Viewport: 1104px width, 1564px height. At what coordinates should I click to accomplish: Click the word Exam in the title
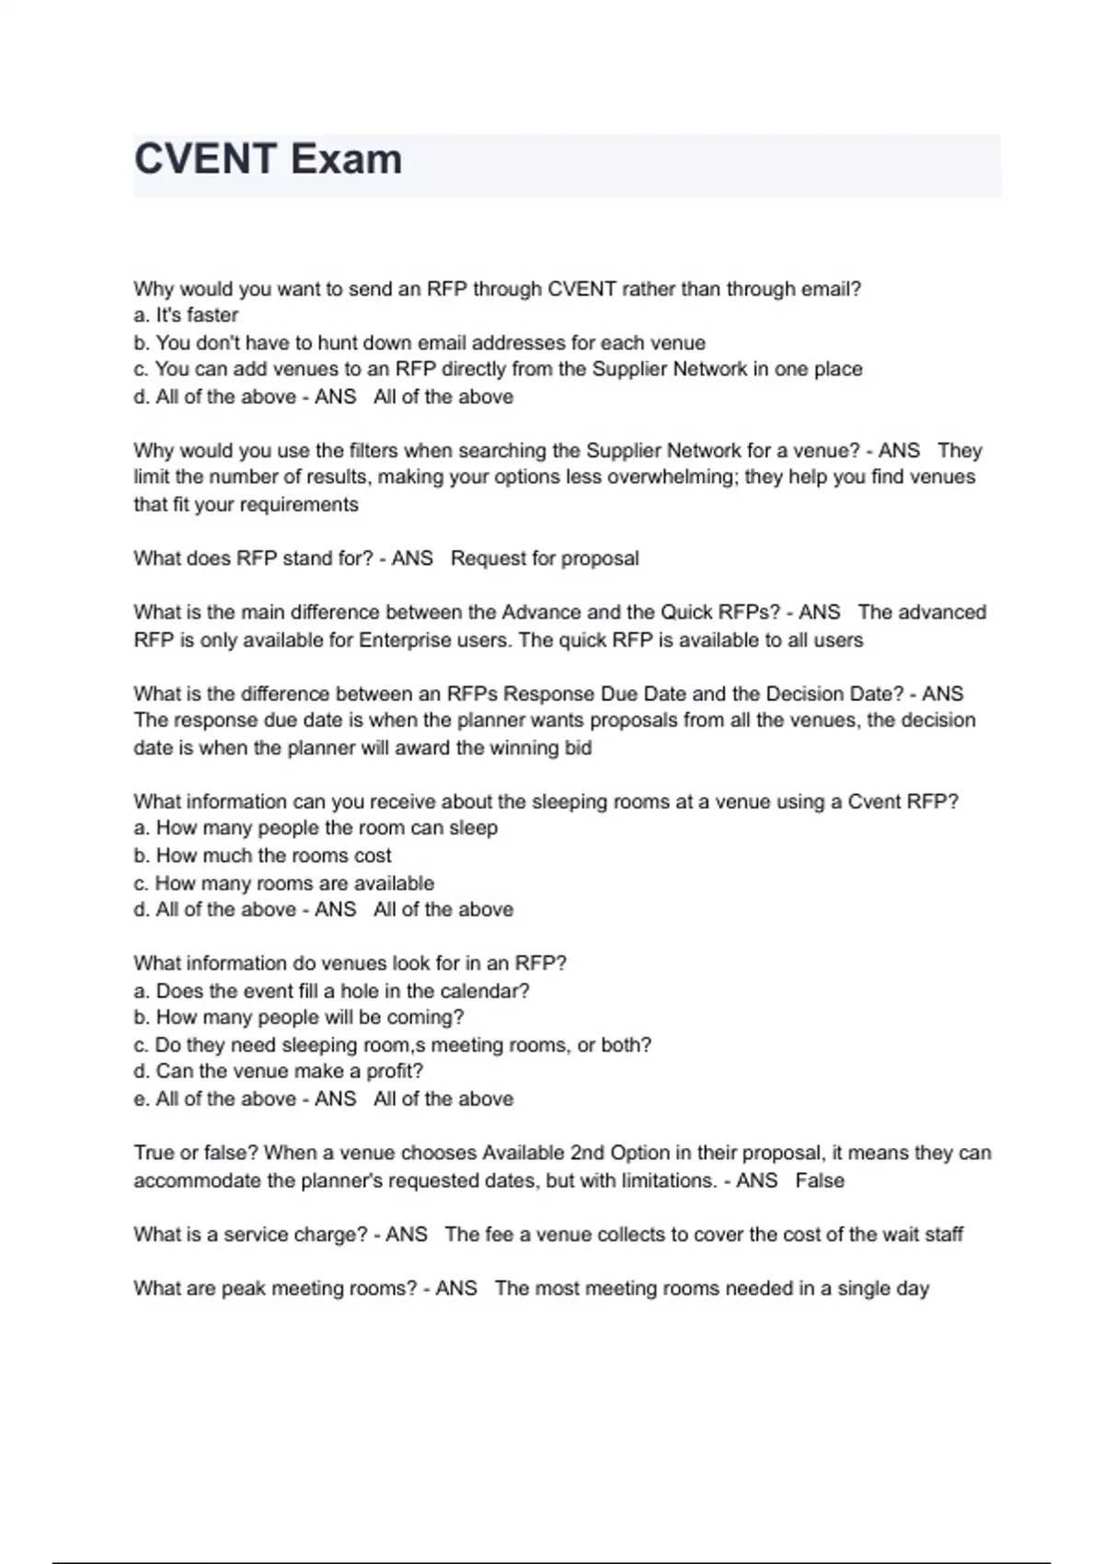[346, 159]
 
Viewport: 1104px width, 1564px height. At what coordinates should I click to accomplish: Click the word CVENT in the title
[205, 159]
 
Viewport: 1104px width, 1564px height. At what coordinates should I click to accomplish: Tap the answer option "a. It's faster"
[186, 316]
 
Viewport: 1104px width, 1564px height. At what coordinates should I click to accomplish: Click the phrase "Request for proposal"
[545, 558]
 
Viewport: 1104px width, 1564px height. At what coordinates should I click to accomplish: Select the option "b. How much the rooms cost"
[262, 856]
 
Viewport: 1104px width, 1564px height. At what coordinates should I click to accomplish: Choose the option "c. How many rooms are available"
[283, 883]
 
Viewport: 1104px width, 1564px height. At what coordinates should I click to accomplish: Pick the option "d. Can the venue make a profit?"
[278, 1072]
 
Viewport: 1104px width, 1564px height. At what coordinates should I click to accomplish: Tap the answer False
[820, 1180]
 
